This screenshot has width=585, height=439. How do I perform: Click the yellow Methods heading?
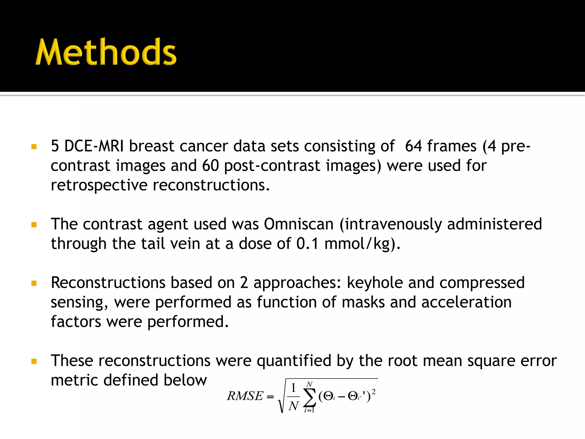[106, 52]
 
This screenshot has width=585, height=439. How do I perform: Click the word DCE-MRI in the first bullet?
[94, 146]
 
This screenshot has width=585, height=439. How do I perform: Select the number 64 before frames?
[413, 146]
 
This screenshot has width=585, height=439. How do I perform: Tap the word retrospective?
[99, 185]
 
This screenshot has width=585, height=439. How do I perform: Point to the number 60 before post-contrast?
[210, 166]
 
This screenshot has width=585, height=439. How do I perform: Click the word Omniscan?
[298, 224]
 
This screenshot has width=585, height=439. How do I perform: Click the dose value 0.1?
[307, 244]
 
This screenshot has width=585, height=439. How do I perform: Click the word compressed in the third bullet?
[482, 283]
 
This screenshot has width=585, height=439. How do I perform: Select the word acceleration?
[466, 302]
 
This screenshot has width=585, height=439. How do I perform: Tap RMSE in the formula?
[245, 396]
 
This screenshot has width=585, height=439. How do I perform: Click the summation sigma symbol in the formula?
[309, 397]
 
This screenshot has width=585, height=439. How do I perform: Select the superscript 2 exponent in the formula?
[374, 392]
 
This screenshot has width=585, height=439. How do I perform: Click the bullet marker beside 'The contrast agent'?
[34, 225]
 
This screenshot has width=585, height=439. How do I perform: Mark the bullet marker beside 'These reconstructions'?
[34, 362]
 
